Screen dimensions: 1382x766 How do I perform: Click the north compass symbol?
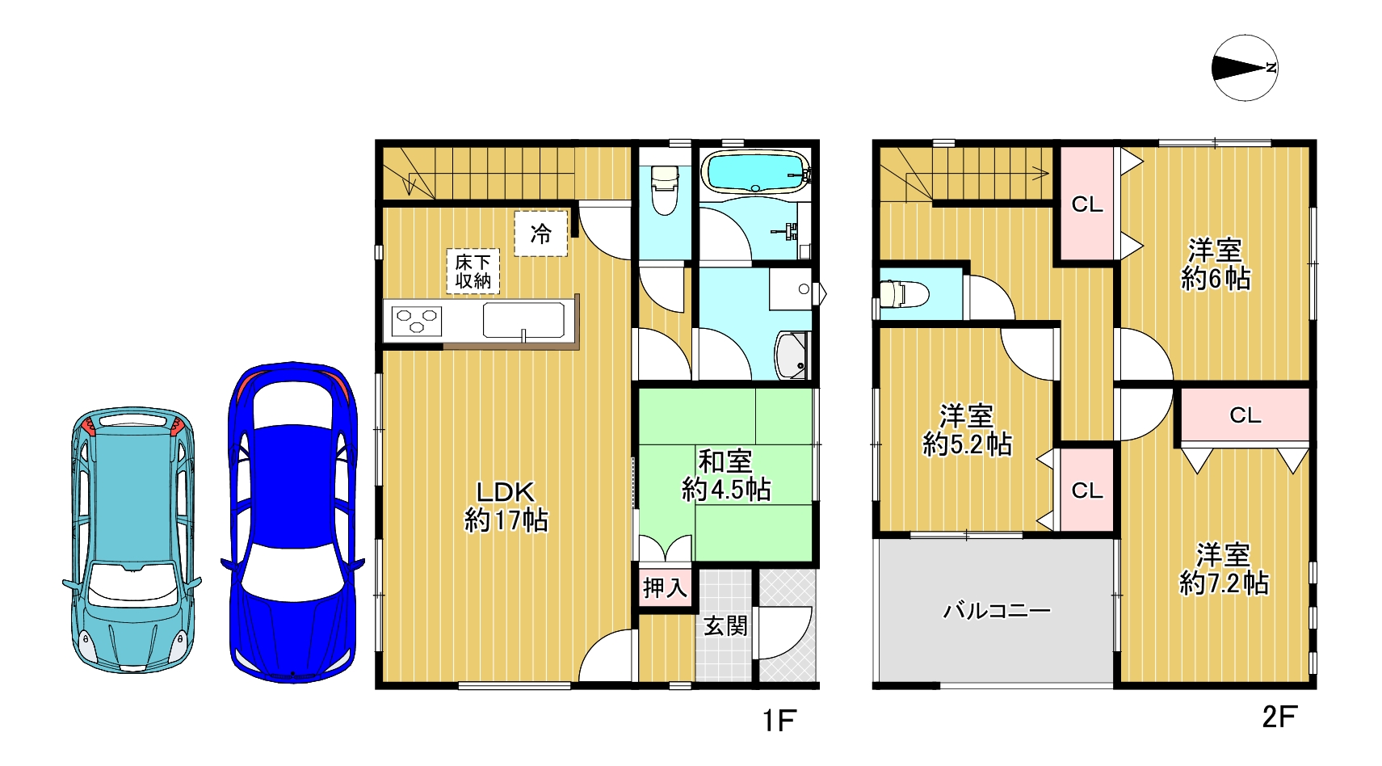point(1245,68)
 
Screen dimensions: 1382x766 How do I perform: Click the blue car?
point(292,522)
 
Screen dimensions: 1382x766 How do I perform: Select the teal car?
point(132,540)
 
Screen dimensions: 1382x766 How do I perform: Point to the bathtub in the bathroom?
point(757,172)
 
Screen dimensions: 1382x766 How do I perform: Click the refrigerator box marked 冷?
point(541,234)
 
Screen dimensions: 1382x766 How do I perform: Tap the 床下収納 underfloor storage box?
point(473,271)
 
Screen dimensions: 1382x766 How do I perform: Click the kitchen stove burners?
point(417,321)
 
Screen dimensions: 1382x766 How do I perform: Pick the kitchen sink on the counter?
point(523,320)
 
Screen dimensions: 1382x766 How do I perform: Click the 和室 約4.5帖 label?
point(725,476)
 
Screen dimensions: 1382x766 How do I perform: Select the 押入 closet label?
point(665,587)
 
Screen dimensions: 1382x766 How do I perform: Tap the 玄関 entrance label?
point(725,626)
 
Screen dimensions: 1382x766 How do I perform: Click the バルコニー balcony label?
point(997,611)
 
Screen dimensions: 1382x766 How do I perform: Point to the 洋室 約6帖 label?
point(1216,264)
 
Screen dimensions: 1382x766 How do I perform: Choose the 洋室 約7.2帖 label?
point(1224,569)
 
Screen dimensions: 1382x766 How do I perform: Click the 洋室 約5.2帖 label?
point(967,430)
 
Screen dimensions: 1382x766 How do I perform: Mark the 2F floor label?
point(1279,717)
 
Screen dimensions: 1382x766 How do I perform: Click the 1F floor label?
point(779,720)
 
